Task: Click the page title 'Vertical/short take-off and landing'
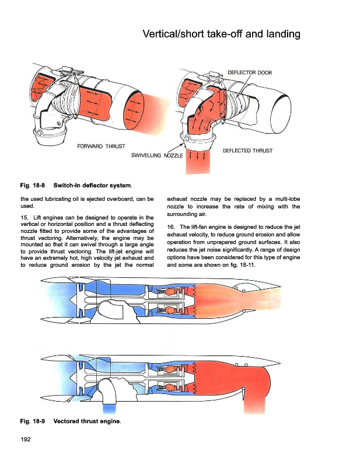pyautogui.click(x=221, y=34)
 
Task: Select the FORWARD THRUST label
pyautogui.click(x=101, y=145)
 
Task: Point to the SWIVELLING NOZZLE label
pyautogui.click(x=156, y=156)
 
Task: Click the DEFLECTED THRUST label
pyautogui.click(x=247, y=151)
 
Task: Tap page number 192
pyautogui.click(x=25, y=439)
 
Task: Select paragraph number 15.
pyautogui.click(x=23, y=218)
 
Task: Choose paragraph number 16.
pyautogui.click(x=170, y=226)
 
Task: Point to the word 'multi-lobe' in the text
pyautogui.click(x=284, y=198)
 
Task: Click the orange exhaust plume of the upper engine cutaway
pyautogui.click(x=233, y=296)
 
